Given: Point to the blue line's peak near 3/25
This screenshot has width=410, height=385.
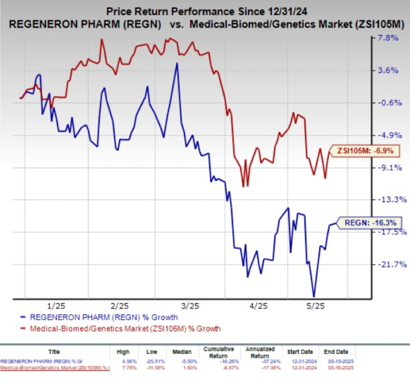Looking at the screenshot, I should coord(177,64).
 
